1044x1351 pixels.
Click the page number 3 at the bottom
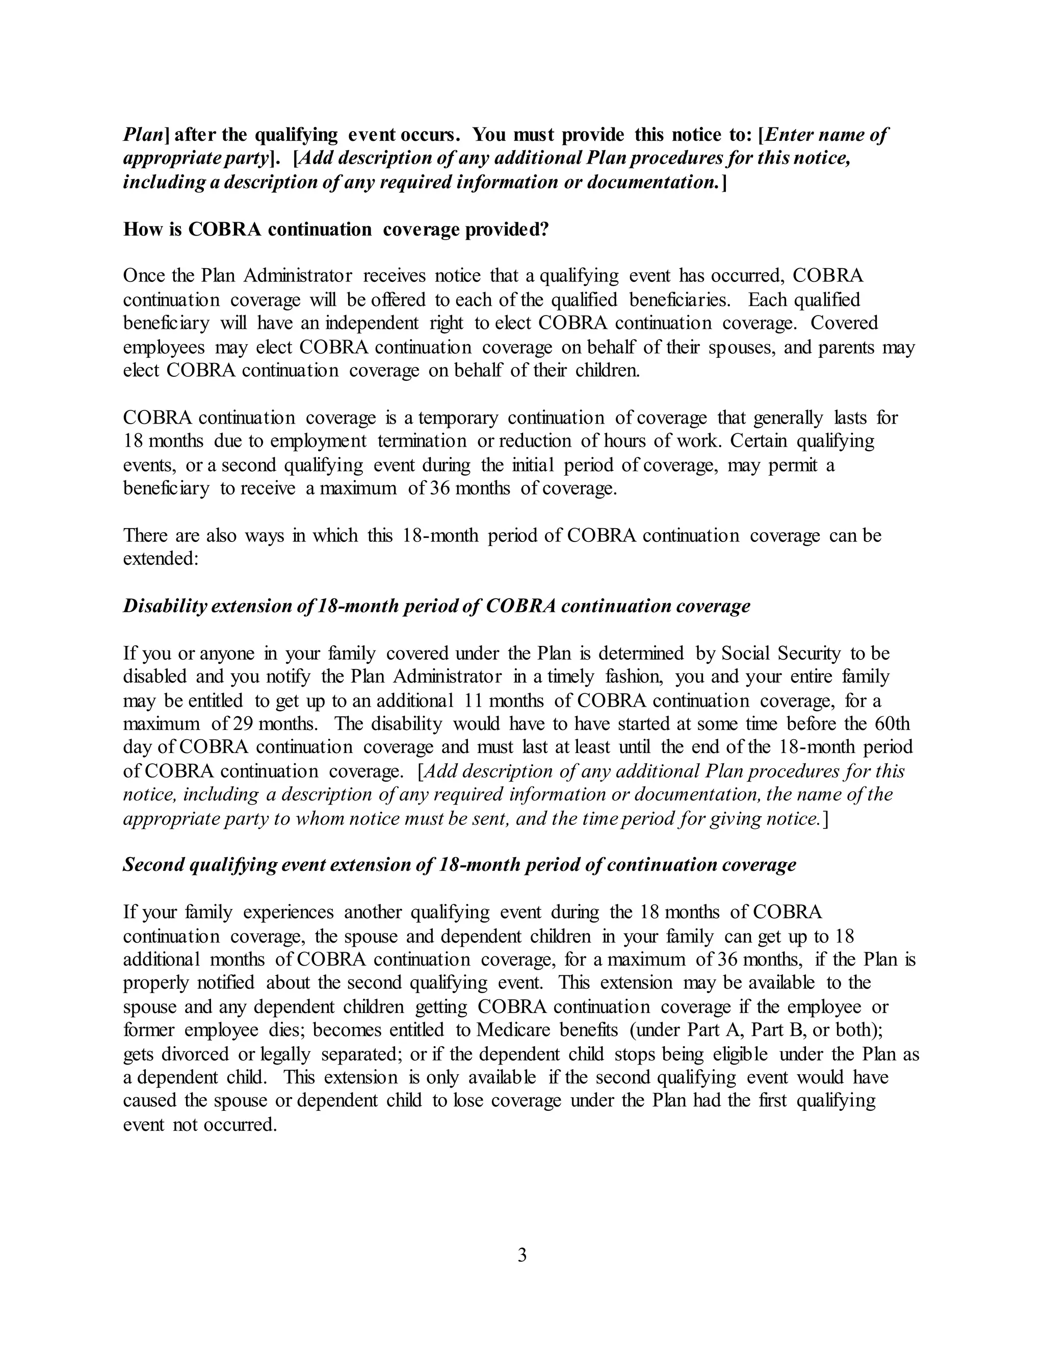point(521,1256)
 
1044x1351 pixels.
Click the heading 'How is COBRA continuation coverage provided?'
point(336,229)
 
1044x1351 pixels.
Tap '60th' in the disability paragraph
point(893,724)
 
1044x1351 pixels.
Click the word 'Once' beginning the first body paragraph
point(142,275)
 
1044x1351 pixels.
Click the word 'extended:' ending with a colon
point(160,559)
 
